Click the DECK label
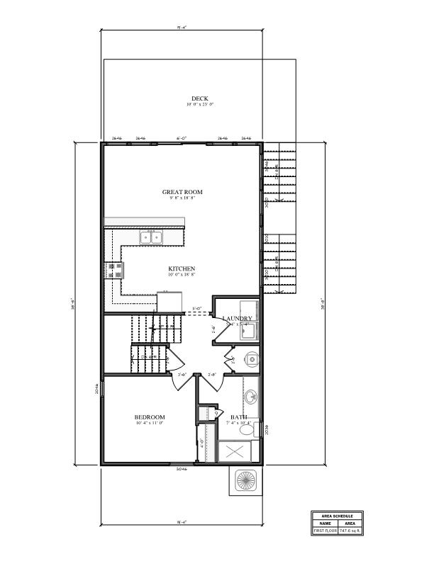click(x=200, y=98)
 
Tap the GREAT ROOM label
click(x=182, y=192)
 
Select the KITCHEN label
click(x=182, y=268)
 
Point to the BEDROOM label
click(x=150, y=417)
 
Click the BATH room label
click(x=238, y=417)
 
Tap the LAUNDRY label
click(x=238, y=319)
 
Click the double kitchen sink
click(x=150, y=237)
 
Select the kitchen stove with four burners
click(x=113, y=270)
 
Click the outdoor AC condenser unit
click(x=245, y=480)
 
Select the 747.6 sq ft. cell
click(x=350, y=531)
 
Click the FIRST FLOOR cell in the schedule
click(x=325, y=531)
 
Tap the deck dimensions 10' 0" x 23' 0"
click(x=200, y=105)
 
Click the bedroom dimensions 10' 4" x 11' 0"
click(x=150, y=424)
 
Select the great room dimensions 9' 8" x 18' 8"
click(x=182, y=198)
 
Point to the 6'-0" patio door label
click(x=182, y=138)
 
